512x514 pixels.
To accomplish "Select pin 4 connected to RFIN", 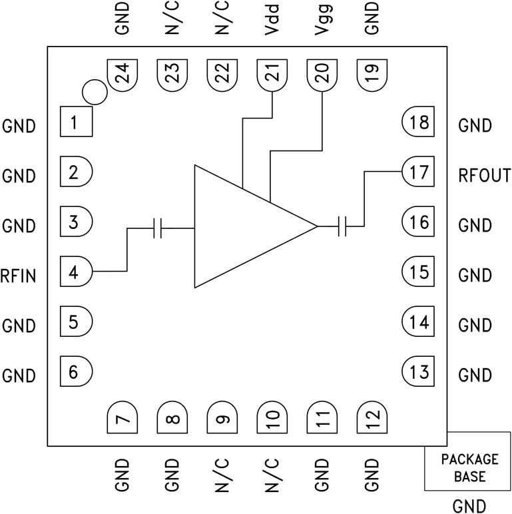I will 76,272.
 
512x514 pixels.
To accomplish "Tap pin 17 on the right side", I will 417,173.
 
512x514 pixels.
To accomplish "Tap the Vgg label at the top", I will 322,23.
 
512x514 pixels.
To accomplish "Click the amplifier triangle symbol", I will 246,226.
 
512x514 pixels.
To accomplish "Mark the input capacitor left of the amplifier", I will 157,228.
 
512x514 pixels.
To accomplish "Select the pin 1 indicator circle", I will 95,92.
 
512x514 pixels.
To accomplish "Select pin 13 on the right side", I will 417,372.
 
